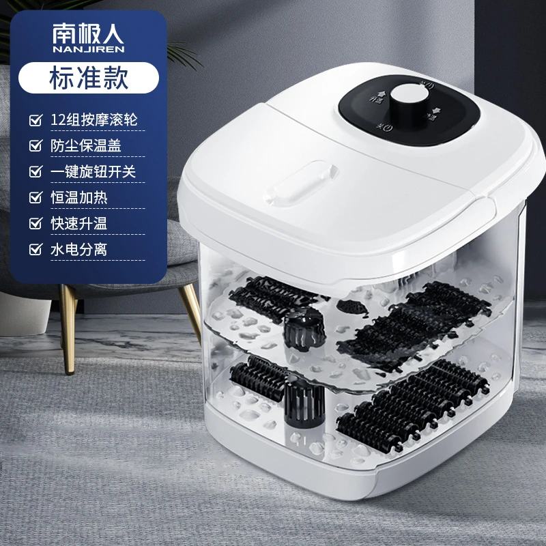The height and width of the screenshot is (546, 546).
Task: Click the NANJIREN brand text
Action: pos(89,49)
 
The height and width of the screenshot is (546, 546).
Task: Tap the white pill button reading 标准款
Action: pos(89,78)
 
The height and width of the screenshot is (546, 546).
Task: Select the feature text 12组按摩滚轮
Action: pos(94,120)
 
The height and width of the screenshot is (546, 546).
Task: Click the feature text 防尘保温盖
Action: pos(86,145)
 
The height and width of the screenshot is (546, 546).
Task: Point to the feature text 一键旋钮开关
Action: pos(93,172)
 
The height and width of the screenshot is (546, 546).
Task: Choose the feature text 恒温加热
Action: pos(79,197)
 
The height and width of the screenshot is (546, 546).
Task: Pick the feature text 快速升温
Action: pos(79,224)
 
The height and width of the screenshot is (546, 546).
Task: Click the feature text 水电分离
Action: pos(79,249)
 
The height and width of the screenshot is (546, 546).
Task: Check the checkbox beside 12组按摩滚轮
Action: pos(36,120)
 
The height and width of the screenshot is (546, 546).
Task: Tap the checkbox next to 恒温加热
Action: pos(36,198)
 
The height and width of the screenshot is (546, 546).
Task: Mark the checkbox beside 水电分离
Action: pos(36,250)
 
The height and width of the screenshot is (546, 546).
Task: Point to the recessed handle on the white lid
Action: pos(300,183)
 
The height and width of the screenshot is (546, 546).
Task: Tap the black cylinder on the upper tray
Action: pos(304,329)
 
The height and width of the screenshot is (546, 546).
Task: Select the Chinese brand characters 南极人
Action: pos(89,33)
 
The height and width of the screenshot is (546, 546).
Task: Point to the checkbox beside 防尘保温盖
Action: pos(36,146)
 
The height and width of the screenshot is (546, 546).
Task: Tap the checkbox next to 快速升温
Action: pos(36,224)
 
